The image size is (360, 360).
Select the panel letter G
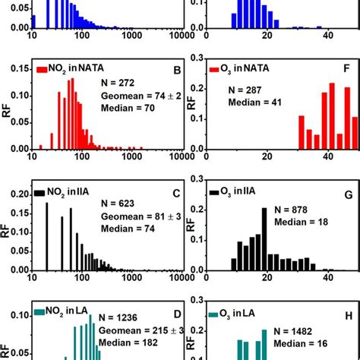pos(349,203)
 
